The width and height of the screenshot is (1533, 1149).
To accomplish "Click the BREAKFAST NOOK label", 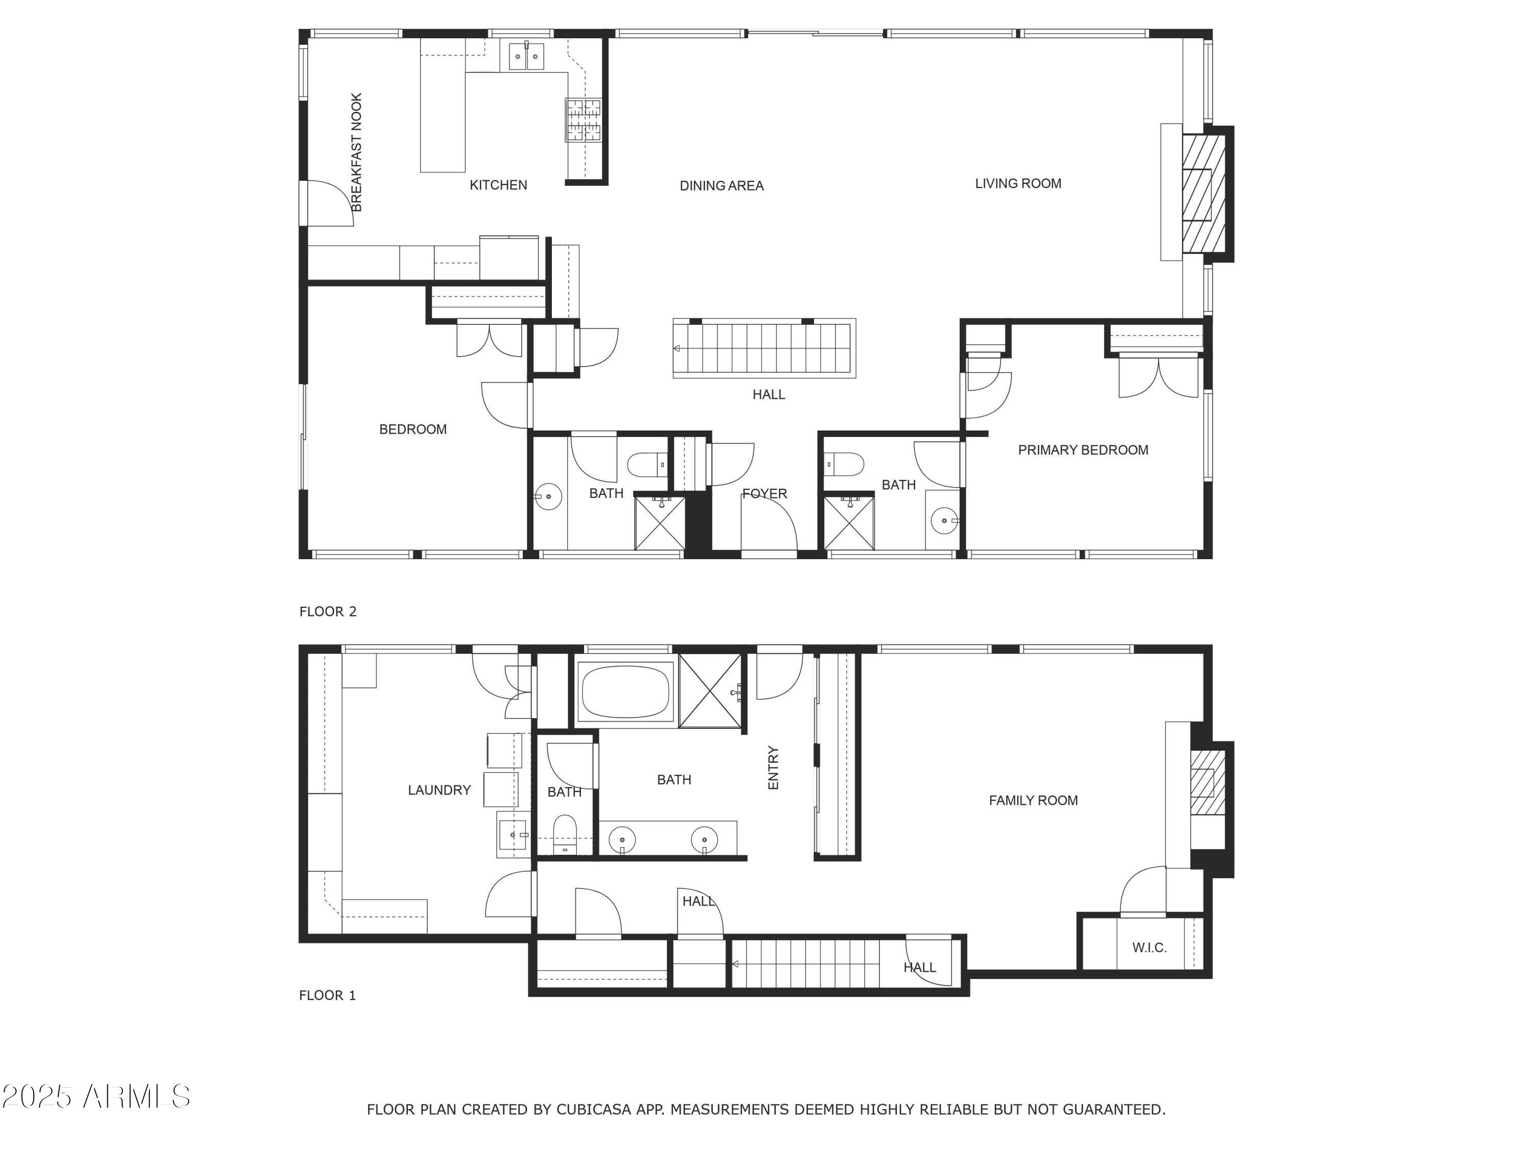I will click(x=356, y=152).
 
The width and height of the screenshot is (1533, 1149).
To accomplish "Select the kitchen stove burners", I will click(x=583, y=120).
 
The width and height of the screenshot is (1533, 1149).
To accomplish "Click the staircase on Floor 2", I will click(x=764, y=348).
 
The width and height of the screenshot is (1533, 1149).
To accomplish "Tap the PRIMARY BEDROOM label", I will click(x=1082, y=450).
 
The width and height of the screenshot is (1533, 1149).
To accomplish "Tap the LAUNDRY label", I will click(x=438, y=790).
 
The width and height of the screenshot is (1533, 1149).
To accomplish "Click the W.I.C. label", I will click(x=1149, y=947).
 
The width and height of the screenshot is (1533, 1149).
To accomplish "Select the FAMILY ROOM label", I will click(x=1033, y=801).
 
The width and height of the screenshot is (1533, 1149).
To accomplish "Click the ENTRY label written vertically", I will click(x=774, y=768).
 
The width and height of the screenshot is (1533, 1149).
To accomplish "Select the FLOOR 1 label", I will click(x=327, y=995).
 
